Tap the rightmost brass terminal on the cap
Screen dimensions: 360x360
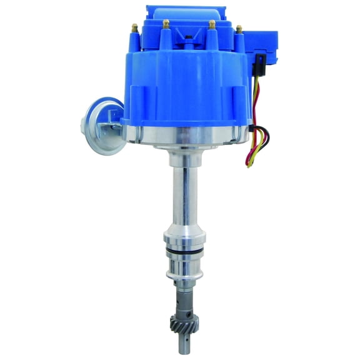(239, 29)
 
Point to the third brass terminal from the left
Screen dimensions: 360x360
(211, 24)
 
